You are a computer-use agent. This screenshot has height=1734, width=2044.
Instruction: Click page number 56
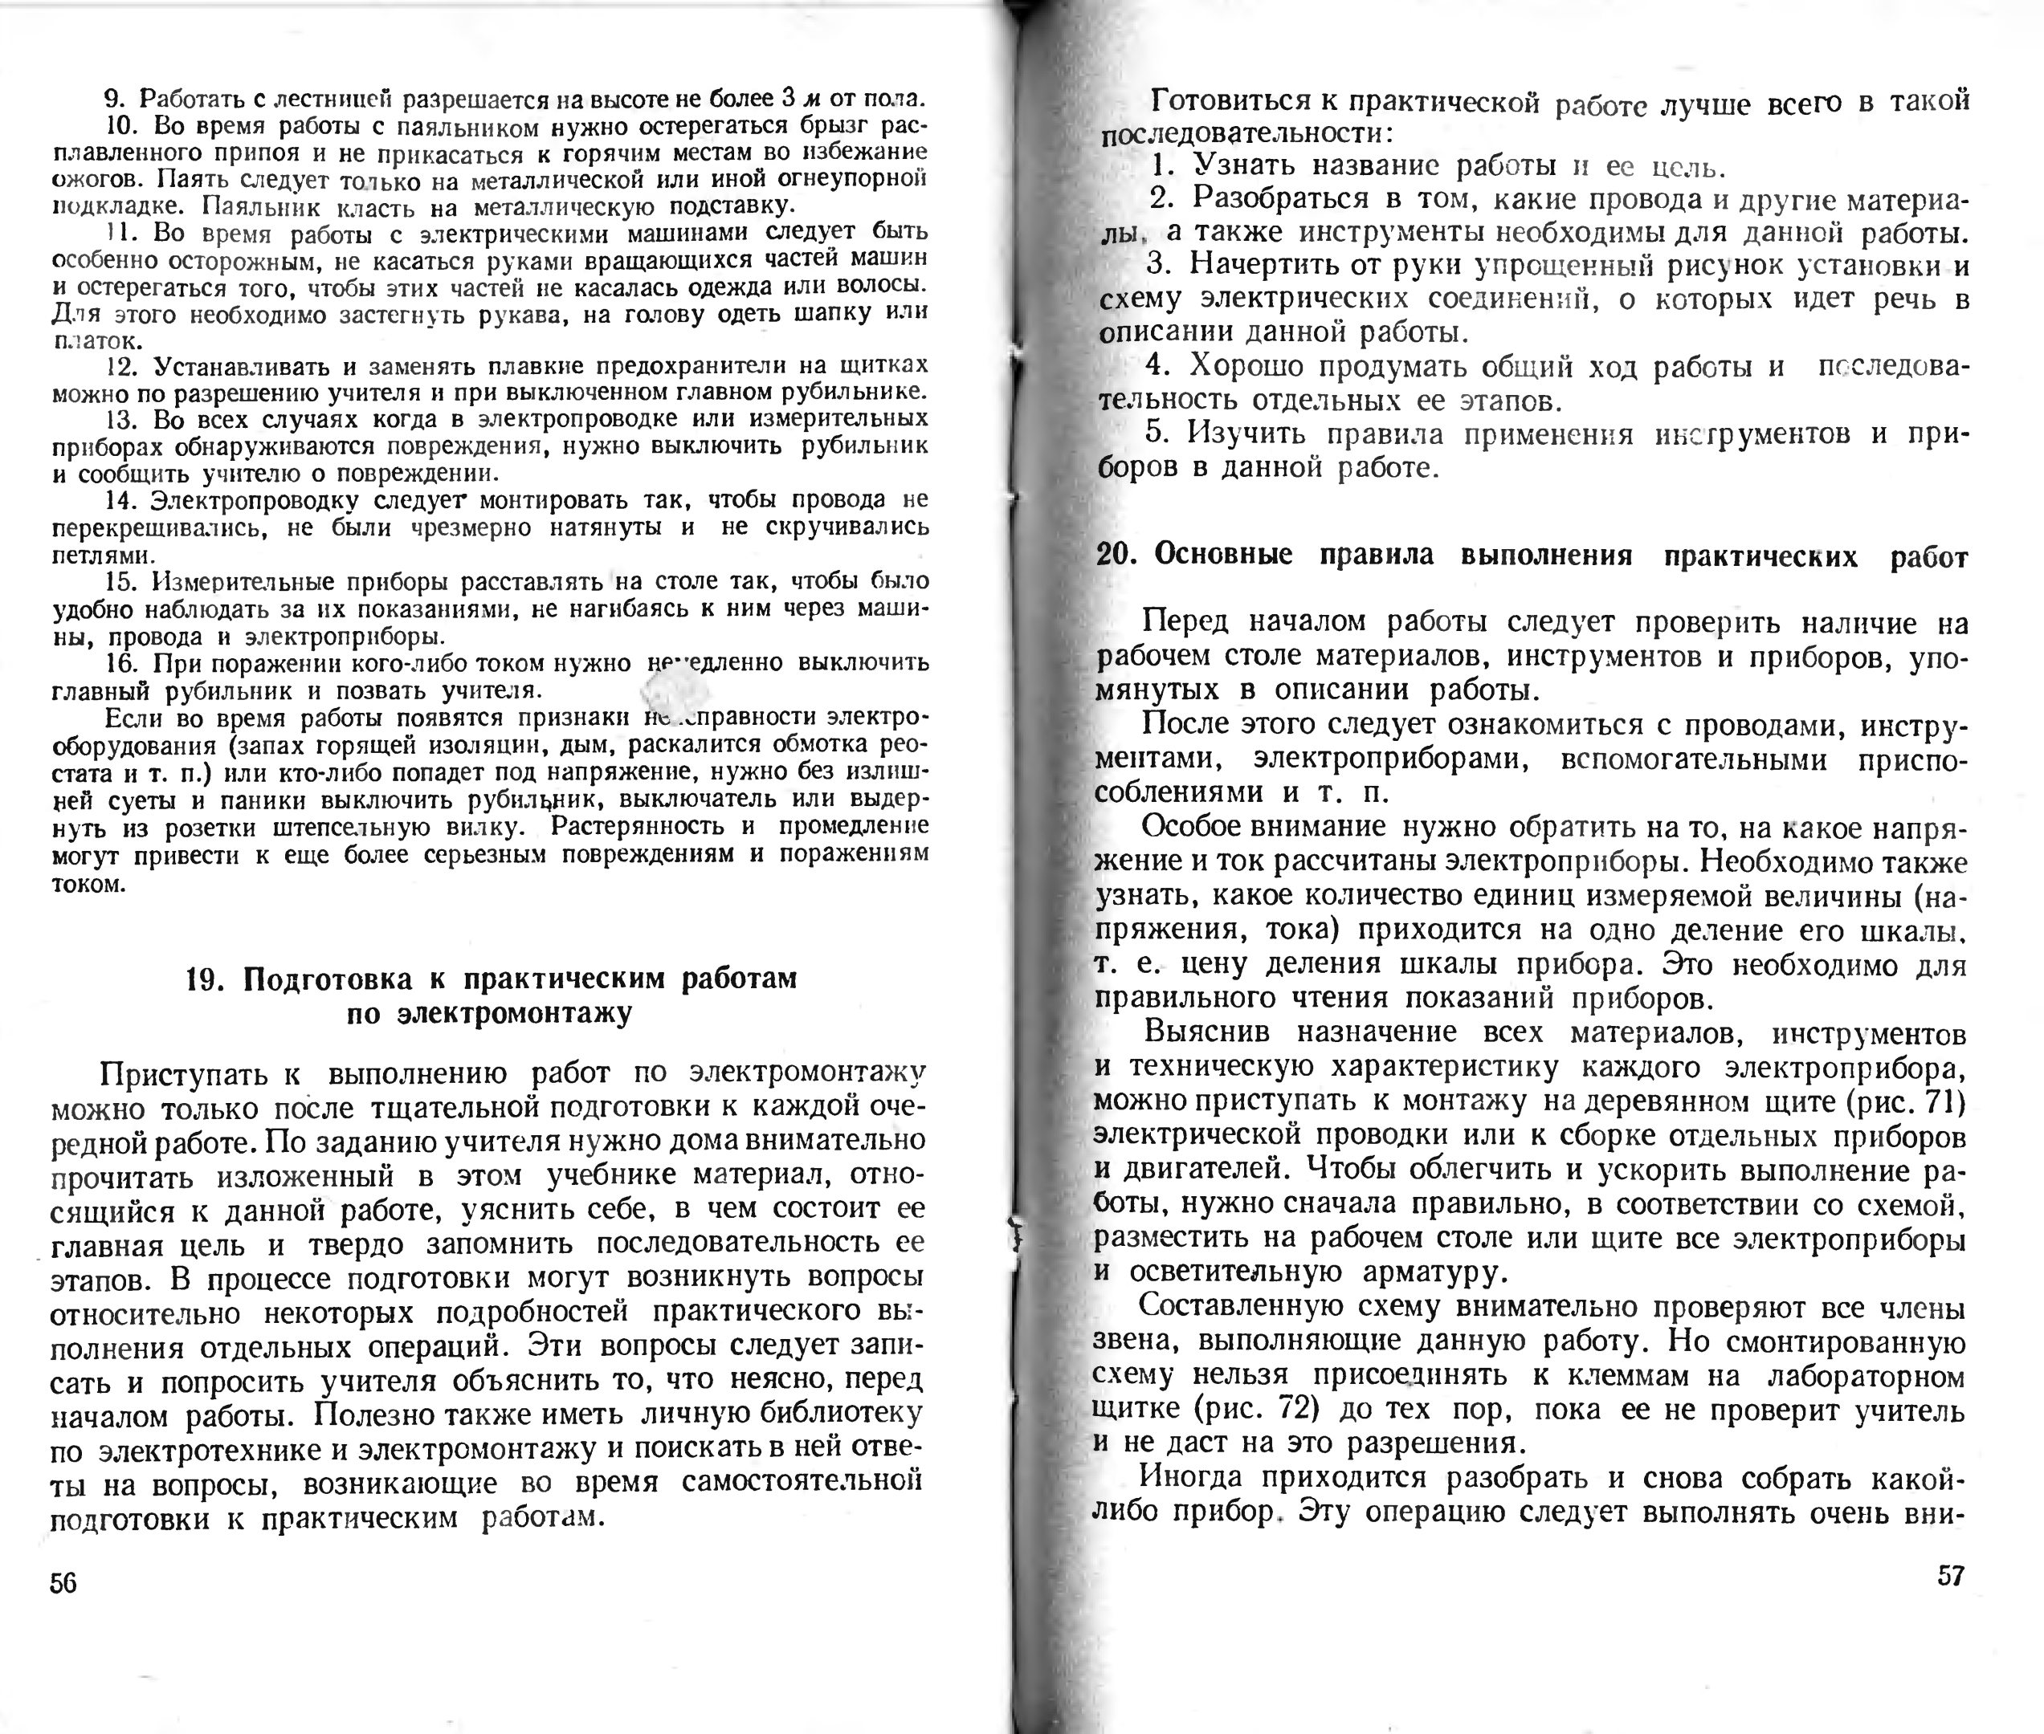coord(63,1582)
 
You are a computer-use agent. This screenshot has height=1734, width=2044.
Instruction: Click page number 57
coord(1951,1576)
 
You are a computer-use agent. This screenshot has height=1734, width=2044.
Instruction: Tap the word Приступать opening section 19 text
coord(184,1073)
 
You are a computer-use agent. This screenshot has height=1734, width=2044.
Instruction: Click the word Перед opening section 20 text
coord(1185,621)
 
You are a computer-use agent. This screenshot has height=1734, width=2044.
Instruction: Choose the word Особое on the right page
coord(1192,827)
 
